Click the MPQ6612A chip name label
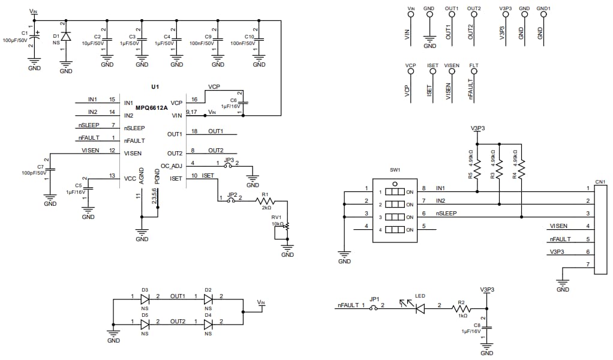pos(151,108)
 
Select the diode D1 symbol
pos(66,36)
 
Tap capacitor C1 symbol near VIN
pos(35,37)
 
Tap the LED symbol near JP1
pos(420,308)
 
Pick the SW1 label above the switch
pos(395,170)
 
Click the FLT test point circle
pos(474,71)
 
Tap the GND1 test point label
pos(543,8)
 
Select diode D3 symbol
pos(145,299)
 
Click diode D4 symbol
pos(208,324)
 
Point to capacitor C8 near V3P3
pos(488,329)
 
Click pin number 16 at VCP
pos(193,100)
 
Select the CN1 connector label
pos(599,181)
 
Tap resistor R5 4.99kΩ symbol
pos(477,170)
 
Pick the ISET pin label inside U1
pos(176,178)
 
